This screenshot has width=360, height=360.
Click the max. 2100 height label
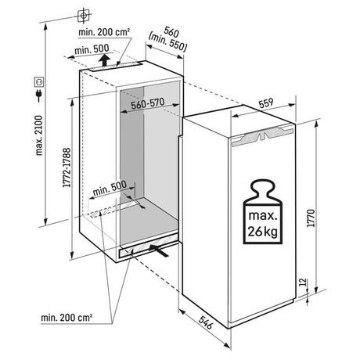(39, 135)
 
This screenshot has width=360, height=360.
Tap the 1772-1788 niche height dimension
(67, 167)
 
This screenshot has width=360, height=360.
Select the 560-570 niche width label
(148, 103)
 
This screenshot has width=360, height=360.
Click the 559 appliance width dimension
(266, 103)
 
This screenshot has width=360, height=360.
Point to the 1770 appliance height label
(311, 218)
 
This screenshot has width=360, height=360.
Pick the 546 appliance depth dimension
(206, 322)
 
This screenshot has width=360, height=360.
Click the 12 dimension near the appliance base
(303, 283)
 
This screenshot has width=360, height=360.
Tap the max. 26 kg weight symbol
(263, 211)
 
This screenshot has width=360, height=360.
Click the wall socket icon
(39, 82)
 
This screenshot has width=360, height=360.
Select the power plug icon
(39, 95)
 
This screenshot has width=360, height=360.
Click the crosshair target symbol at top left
(83, 16)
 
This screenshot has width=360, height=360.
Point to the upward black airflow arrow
(104, 60)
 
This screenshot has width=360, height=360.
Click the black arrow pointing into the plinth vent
(158, 250)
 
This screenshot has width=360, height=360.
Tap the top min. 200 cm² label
(104, 32)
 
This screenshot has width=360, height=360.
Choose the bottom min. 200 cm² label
(67, 318)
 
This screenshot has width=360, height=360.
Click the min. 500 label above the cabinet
(92, 49)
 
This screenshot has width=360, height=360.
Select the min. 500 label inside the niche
(110, 189)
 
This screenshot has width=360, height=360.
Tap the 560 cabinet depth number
(171, 32)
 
